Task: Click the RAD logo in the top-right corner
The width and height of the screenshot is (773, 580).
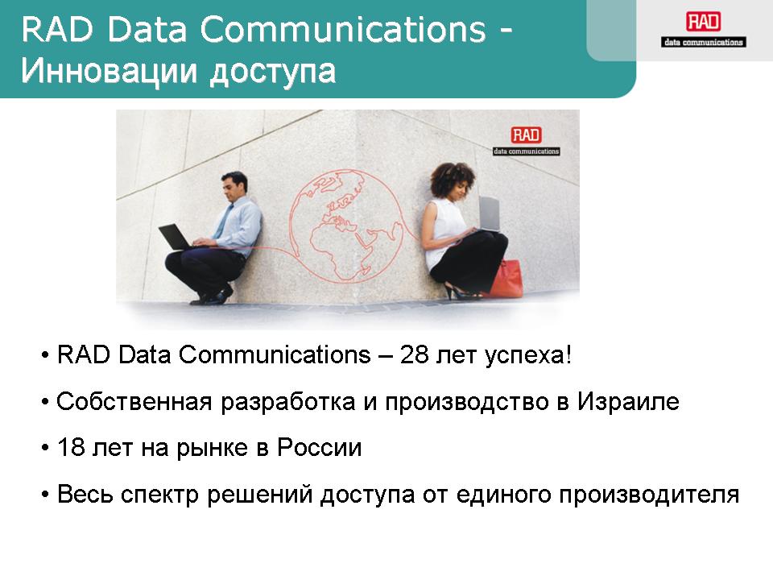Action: coord(704,30)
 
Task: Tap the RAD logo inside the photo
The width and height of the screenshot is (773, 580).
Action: coord(527,140)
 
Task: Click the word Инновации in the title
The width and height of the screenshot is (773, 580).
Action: coord(109,71)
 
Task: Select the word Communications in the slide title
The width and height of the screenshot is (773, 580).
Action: coord(343,30)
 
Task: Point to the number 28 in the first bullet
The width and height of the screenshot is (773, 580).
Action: coord(414,354)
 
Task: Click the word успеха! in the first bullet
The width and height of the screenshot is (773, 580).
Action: coord(528,355)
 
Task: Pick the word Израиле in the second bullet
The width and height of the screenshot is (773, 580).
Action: coord(629,401)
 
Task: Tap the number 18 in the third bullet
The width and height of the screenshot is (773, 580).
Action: coord(71,447)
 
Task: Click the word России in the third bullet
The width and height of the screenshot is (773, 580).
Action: coord(319,447)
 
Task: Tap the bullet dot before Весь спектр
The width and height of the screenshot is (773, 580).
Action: coord(45,495)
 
